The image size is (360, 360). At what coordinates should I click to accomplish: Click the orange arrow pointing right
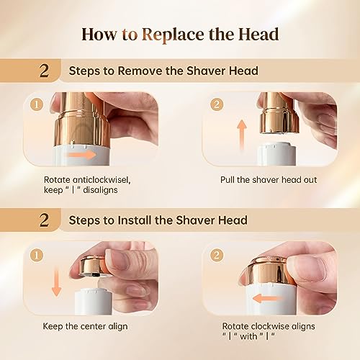[82, 153]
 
